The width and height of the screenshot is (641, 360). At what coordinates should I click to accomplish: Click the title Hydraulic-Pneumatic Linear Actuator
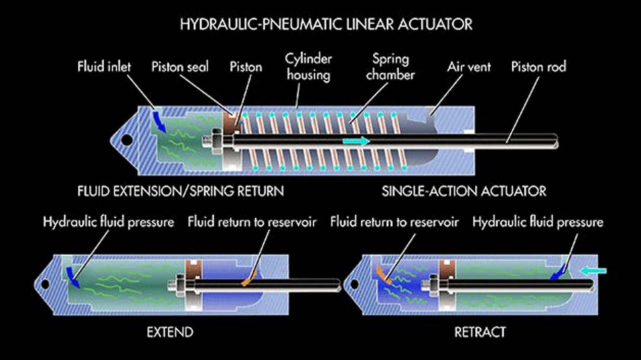(326, 24)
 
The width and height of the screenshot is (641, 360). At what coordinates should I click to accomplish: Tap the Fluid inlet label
(104, 66)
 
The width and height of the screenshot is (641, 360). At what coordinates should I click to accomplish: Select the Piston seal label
(180, 66)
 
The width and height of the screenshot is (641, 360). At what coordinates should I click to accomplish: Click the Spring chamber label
(390, 67)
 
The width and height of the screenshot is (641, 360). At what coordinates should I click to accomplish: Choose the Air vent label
(469, 66)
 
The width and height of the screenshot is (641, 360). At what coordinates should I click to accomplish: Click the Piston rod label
(539, 66)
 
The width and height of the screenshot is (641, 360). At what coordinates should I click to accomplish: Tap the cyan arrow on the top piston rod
(356, 141)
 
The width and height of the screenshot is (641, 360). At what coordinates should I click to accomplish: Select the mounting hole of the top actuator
(127, 140)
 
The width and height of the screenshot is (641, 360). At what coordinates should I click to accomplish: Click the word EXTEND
(171, 332)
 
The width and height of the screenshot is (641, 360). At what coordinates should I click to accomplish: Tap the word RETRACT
(480, 332)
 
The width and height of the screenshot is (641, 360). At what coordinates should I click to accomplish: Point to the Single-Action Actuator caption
(464, 191)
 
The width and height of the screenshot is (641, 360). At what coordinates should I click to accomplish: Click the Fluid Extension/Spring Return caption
(181, 191)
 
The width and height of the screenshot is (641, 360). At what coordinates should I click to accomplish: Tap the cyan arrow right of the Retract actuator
(593, 271)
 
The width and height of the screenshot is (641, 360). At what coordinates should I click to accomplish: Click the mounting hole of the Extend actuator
(45, 285)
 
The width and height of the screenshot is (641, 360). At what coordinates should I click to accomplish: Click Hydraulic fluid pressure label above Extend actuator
(108, 223)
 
